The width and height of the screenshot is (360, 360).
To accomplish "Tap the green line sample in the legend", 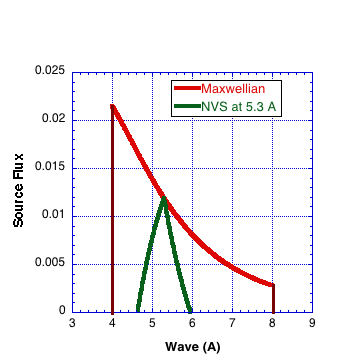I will [187, 106].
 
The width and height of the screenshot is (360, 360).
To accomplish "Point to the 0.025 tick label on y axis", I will [50, 71].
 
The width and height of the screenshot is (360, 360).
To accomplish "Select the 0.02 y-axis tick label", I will [53, 119].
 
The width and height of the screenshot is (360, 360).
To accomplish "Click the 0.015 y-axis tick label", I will [50, 167].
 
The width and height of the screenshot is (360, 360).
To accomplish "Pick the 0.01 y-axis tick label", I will [53, 215].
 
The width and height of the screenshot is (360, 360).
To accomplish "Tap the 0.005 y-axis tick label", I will [50, 263].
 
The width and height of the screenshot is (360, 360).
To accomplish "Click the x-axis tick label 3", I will [72, 323].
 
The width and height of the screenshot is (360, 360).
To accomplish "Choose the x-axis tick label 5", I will [152, 323].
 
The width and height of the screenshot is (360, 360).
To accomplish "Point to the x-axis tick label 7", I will [232, 323].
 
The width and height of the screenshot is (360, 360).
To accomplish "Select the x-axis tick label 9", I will [312, 323].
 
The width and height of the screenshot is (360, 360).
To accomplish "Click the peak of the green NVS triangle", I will [163, 198].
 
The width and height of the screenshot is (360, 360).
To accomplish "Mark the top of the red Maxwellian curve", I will [112, 105].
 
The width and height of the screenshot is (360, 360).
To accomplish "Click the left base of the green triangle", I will [137, 310].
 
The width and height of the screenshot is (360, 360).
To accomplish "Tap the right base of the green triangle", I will [190, 310].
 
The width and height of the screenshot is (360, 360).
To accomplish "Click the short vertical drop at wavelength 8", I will [272, 298].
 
